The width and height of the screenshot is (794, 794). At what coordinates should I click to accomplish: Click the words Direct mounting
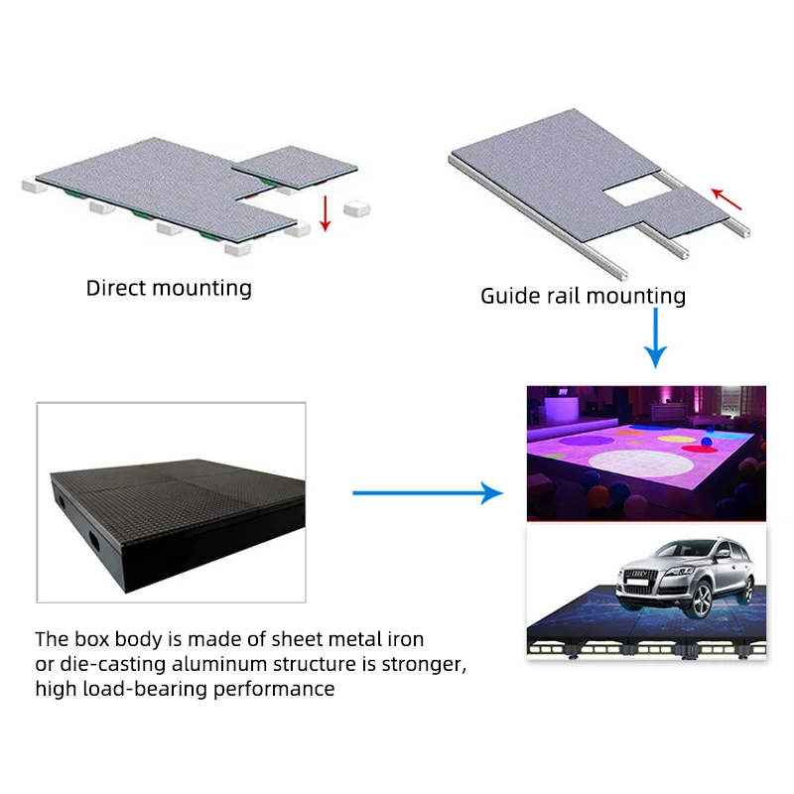tap(169, 289)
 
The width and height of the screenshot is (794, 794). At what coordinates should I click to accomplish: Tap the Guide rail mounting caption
tap(583, 296)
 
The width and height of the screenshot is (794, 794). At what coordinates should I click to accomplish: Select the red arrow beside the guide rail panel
tap(728, 199)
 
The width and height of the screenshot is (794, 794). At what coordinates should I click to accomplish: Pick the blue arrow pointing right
tap(428, 491)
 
